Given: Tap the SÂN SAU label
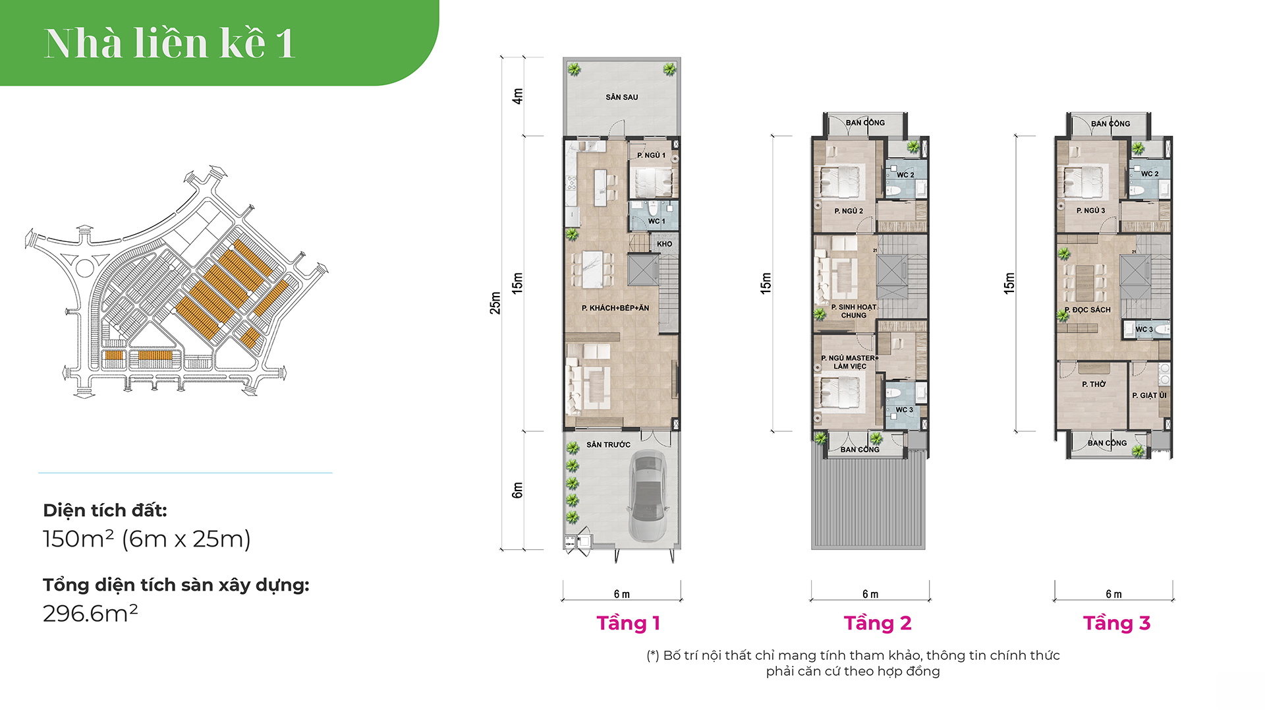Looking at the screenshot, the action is [x=621, y=97].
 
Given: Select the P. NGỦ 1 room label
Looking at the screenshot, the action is [x=651, y=156].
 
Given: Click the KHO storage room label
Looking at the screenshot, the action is [x=664, y=244].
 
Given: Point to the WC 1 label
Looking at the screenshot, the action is [x=656, y=222].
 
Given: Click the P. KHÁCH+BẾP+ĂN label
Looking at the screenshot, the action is [x=615, y=308].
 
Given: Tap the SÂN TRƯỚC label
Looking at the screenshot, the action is [x=608, y=445].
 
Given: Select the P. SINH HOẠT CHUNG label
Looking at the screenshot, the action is [x=854, y=311].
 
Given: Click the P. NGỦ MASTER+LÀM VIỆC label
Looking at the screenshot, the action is [x=850, y=362].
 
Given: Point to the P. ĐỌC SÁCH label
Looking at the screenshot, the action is [x=1088, y=310].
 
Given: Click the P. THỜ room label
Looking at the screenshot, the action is [x=1094, y=384].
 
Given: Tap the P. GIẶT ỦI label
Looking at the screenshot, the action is [x=1149, y=396].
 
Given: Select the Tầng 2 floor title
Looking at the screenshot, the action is [x=878, y=623].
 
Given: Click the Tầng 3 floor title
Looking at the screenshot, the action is [x=1117, y=623].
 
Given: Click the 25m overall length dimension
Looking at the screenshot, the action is [x=495, y=303].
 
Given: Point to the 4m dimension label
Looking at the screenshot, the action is [x=518, y=96].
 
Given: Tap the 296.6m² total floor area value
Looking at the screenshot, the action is [x=90, y=613].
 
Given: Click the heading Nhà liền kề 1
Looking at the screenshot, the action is [x=169, y=44].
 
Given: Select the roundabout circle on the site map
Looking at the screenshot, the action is [x=85, y=268].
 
